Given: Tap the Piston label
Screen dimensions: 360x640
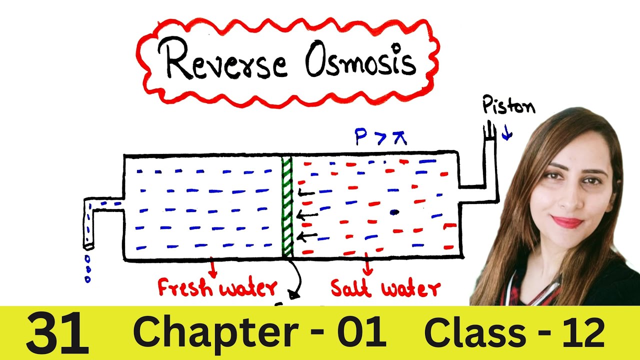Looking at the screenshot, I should (x=508, y=106).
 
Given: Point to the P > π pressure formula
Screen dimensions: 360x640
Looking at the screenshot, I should (x=380, y=136).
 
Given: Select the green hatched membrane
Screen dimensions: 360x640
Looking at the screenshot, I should (x=286, y=205).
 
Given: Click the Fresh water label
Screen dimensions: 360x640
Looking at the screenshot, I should (x=216, y=288).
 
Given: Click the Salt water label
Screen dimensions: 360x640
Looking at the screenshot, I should (x=385, y=288).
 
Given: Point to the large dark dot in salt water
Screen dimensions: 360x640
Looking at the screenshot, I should (x=394, y=212).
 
